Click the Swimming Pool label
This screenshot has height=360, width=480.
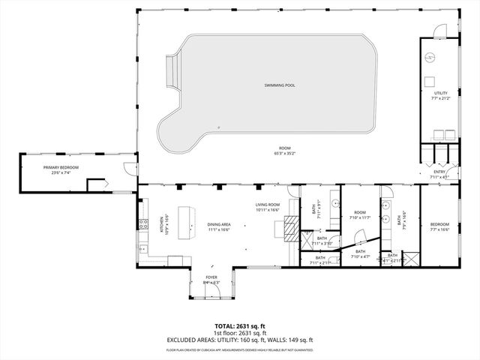click(x=279, y=85)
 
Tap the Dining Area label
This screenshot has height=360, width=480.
click(x=219, y=224)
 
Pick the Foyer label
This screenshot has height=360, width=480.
click(x=211, y=277)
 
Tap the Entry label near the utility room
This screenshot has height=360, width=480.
click(x=439, y=172)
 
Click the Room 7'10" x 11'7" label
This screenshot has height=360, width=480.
click(x=360, y=214)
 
